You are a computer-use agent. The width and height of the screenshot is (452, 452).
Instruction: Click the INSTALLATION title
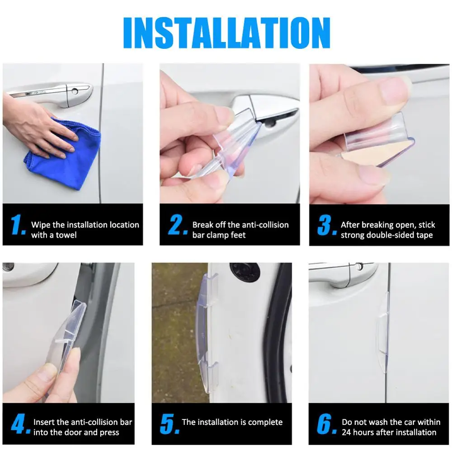point(226,33)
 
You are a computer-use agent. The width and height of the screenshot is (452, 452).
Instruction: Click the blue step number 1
point(18,225)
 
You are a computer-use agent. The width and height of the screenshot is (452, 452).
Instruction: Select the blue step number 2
point(177,225)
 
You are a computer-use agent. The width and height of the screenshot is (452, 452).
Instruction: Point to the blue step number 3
point(327,225)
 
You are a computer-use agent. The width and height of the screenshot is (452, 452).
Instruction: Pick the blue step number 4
point(20,424)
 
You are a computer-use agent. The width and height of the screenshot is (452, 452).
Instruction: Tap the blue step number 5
point(169,424)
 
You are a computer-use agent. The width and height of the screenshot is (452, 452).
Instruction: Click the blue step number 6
point(326,424)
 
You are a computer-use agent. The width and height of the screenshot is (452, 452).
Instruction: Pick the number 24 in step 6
point(347,433)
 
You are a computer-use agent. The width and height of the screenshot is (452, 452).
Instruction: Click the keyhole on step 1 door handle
point(75,92)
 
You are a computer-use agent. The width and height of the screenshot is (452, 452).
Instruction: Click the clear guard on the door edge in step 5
point(207,331)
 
